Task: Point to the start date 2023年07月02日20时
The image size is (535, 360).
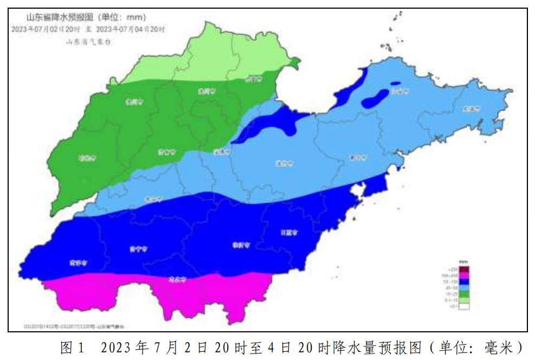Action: [46, 29]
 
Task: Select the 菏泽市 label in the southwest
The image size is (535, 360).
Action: [78, 263]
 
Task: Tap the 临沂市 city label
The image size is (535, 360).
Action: [241, 245]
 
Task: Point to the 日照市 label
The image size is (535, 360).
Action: [289, 233]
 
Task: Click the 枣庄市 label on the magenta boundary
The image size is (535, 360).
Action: [177, 280]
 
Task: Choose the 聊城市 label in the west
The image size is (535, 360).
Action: [86, 159]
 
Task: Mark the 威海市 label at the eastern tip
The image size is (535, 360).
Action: [470, 109]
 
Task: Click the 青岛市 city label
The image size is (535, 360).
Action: [358, 158]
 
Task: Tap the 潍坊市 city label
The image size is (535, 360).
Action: [283, 163]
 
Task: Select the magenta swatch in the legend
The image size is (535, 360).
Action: [465, 275]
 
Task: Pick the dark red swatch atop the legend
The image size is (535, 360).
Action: [465, 269]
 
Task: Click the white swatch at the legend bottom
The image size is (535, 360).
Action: [465, 306]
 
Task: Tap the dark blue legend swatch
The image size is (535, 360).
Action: [465, 282]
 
